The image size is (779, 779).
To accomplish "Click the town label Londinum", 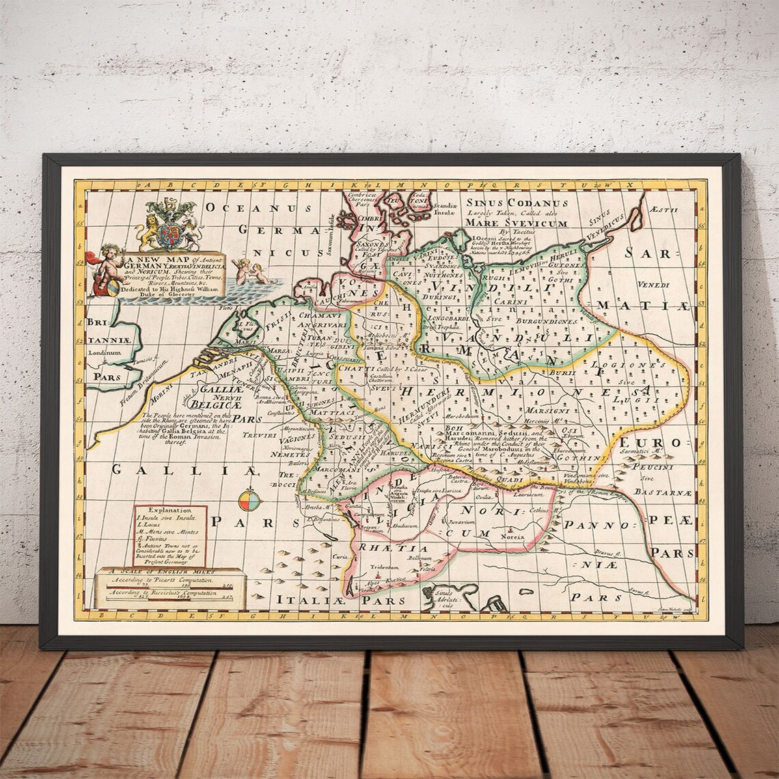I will click(x=104, y=353).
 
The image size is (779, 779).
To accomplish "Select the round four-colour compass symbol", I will click(x=249, y=500).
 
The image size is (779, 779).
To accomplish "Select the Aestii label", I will click(x=664, y=210).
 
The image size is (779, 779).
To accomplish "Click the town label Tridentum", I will click(x=384, y=566).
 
